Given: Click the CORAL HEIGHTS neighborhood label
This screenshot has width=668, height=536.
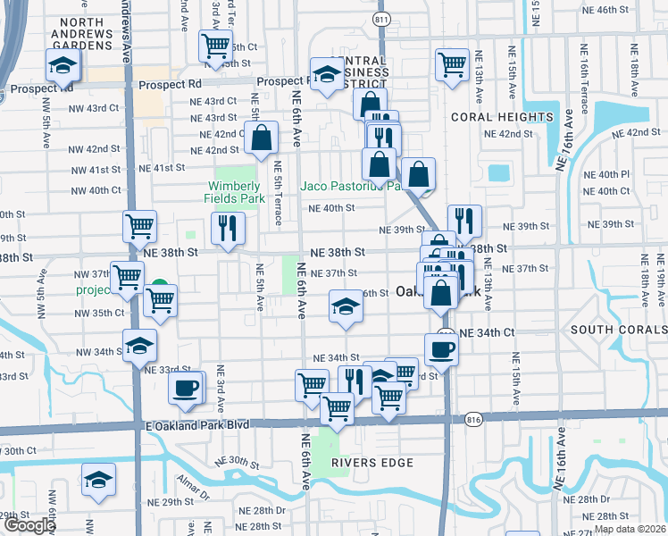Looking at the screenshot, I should (x=502, y=117).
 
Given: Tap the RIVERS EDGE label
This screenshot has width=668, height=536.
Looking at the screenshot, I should (x=372, y=463).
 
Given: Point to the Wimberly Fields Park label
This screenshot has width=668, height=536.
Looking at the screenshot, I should (x=230, y=192).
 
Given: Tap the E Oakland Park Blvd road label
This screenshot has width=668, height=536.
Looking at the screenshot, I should (x=196, y=426).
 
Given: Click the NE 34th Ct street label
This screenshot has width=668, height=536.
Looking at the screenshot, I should (x=486, y=332).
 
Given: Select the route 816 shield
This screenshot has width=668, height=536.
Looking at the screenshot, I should (x=473, y=417).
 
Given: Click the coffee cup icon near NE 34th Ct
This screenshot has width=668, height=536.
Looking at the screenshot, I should (x=441, y=349).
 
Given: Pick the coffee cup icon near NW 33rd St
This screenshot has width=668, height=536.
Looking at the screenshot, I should (x=187, y=389).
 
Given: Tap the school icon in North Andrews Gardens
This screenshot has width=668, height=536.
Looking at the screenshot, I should (x=63, y=65).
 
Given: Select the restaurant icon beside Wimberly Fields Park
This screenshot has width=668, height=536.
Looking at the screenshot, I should (x=228, y=228).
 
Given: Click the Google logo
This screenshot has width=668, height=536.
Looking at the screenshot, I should (x=29, y=525).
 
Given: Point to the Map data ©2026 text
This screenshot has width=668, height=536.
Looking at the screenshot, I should (x=629, y=529).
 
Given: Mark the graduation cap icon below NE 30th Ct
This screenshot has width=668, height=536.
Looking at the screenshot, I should (x=98, y=481).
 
